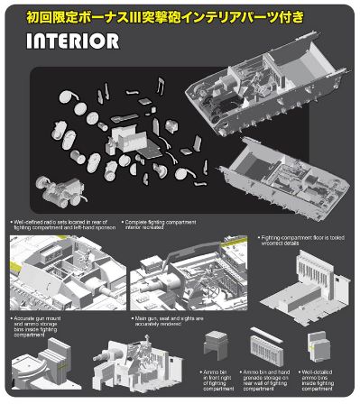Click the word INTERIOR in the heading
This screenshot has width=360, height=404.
tap(72, 41)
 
